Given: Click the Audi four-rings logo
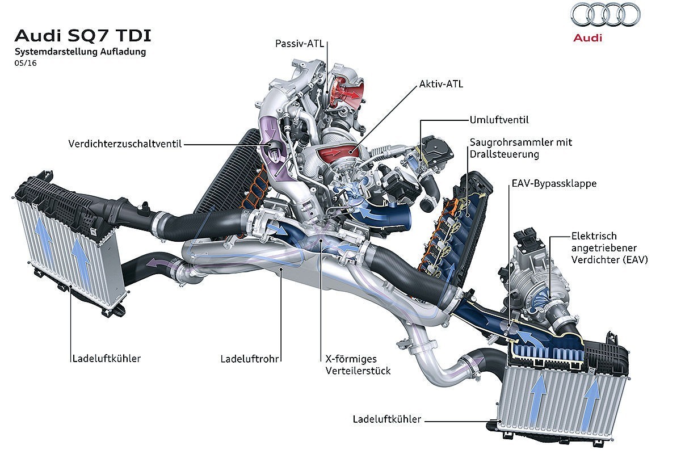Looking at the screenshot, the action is pos(606,15).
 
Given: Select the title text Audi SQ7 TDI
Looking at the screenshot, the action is pos(83,36).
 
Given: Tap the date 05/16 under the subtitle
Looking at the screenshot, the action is pos(26,63).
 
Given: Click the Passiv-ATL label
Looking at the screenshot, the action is pos(300,44).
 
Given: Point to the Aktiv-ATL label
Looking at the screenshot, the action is pos(441,84).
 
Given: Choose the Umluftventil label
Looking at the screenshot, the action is pos(499,120).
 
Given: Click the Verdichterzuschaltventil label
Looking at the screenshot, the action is pos(125,144).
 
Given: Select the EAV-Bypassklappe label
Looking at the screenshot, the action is pos(554,184).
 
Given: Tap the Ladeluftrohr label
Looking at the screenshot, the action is pos(249,359).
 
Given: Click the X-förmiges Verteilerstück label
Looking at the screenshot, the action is pos(358,365).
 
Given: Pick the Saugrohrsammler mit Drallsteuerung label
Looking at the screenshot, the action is pos(521,148).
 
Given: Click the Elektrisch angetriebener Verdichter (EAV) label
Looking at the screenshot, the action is pos(609,248).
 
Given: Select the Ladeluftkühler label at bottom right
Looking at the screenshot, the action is pos(386,419).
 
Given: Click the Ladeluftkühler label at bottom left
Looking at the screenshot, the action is pos(107,359).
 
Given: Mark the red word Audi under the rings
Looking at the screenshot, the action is pos(588,38).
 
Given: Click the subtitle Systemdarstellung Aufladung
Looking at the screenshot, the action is pos(80,52).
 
